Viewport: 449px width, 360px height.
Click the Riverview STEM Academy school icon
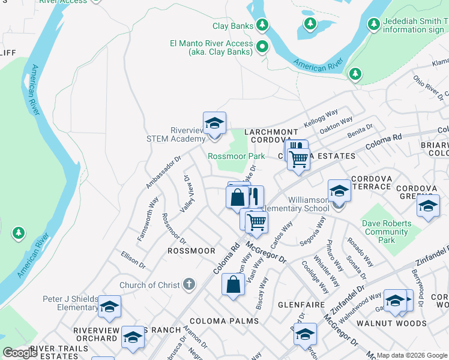214,124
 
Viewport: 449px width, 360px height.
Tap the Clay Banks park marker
262,25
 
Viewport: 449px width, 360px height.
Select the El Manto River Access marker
262,46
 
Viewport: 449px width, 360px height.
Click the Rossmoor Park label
236,156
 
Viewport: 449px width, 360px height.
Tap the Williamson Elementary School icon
339,191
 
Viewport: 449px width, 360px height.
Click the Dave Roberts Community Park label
387,232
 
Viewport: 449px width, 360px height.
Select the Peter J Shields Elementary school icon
109,307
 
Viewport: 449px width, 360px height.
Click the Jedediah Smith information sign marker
373,25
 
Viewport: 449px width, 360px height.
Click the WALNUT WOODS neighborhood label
399,323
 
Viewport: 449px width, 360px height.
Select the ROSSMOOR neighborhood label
191,251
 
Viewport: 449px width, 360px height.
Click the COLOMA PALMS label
224,321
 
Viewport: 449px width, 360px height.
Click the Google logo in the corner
20,353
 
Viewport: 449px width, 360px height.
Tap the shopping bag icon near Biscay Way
233,285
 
